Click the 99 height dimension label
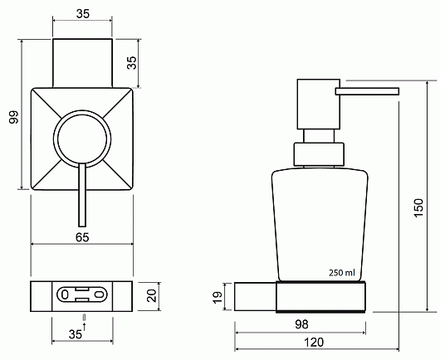click(14, 117)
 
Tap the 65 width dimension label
click(82, 237)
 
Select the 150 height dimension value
click(418, 207)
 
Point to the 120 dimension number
click(314, 343)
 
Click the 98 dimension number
click(301, 324)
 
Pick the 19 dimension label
click(218, 298)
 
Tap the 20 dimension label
click(152, 296)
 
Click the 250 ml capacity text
click(342, 273)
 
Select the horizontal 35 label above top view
click(83, 14)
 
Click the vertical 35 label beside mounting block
click(131, 63)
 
